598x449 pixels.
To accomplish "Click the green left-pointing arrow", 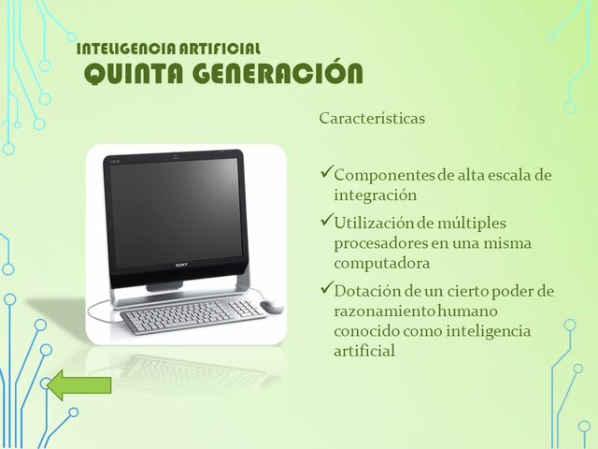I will point(79,384).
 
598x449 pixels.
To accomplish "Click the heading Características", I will point(372,119).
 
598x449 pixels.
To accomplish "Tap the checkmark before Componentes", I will point(326,173).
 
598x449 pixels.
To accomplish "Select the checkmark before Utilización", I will point(326,221).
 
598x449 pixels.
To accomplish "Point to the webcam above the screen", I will point(174,154).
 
